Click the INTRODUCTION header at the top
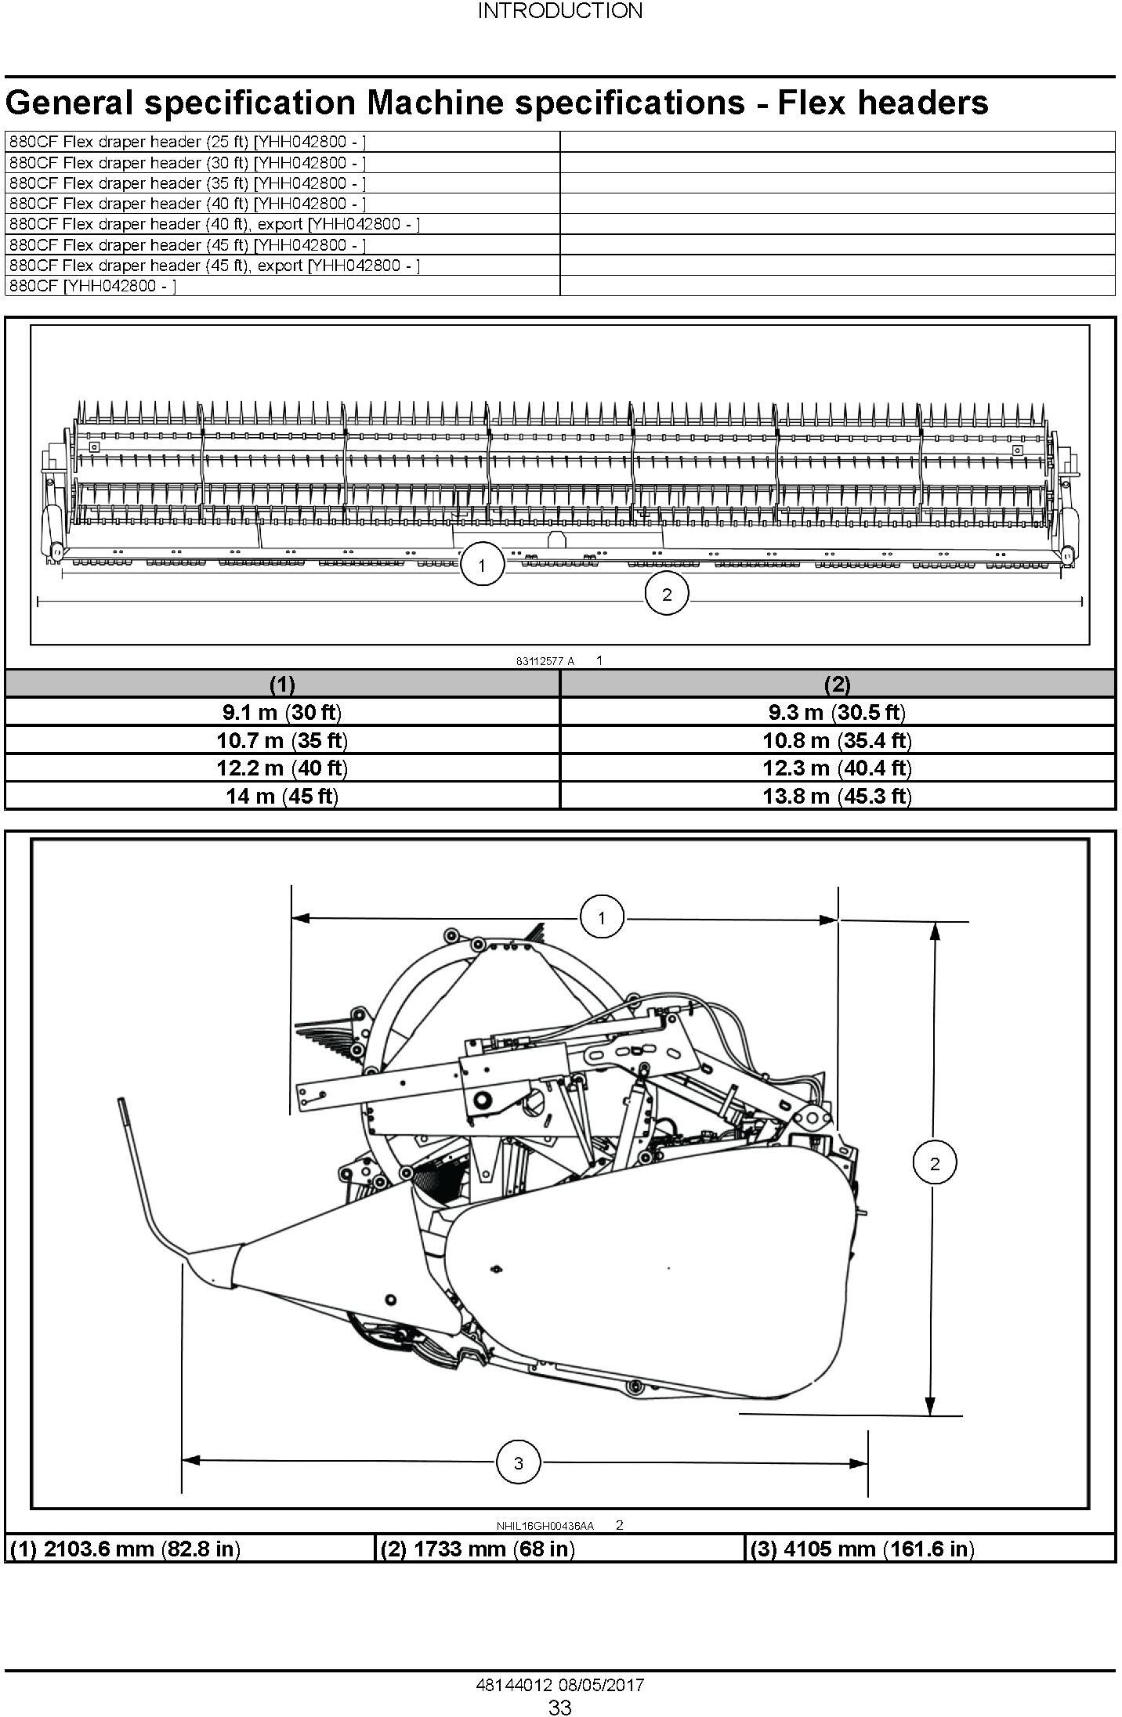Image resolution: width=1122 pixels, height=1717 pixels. pos(560,11)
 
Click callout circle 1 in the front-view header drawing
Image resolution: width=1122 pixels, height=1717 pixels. pos(481,565)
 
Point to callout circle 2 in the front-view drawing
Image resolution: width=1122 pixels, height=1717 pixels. pos(667,595)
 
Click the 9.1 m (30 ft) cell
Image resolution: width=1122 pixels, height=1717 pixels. pos(282,712)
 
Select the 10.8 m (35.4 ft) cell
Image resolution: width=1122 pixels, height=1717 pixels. pos(838,740)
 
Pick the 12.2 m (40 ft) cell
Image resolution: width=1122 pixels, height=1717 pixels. pos(282,768)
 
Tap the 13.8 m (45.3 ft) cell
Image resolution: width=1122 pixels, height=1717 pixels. pos(838,796)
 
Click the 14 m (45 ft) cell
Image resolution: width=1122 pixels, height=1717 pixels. pos(282,796)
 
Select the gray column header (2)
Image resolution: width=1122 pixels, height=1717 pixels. pos(838,684)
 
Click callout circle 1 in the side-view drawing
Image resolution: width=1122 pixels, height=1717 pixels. pos(602,917)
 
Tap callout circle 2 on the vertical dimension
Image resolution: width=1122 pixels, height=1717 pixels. pos(935,1163)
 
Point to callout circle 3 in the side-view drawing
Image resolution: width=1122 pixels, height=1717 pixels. pos(518,1462)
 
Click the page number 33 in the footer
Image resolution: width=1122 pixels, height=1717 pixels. pos(560,1707)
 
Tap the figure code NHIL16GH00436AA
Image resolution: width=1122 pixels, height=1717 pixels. pos(545,1525)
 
